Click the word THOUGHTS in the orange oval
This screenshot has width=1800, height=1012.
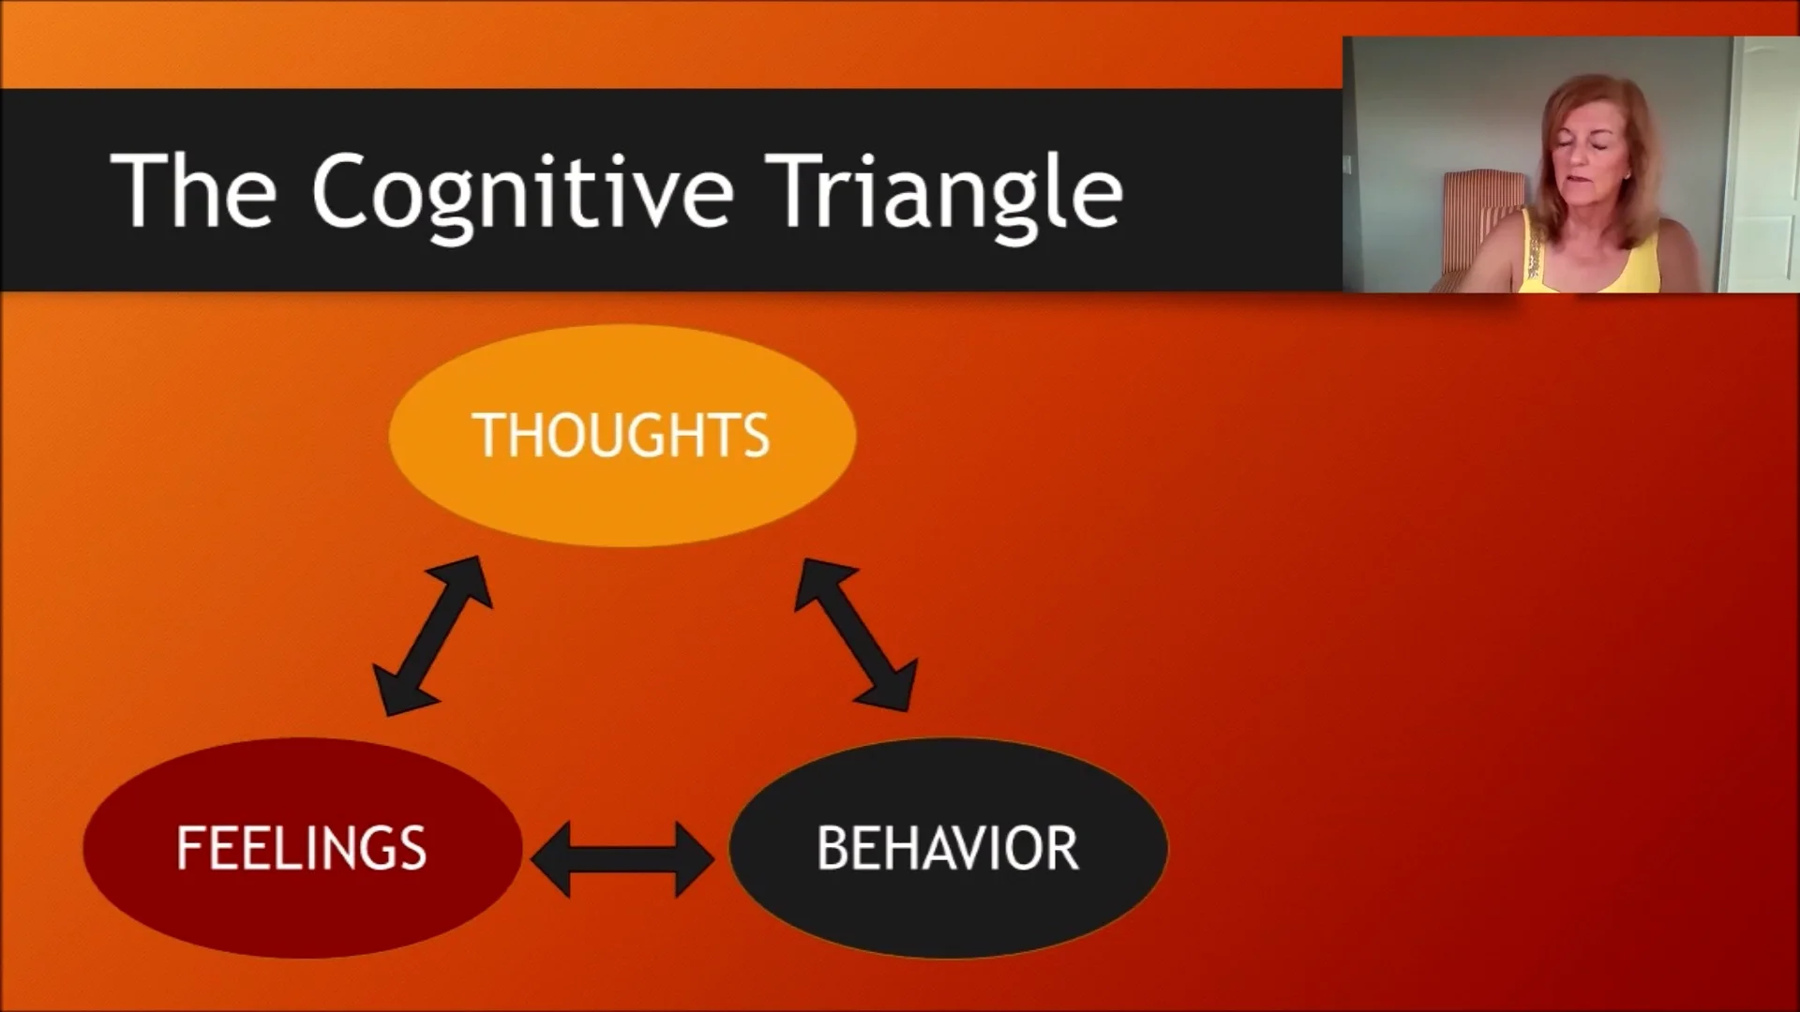[x=622, y=436]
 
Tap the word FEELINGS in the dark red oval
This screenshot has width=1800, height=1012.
[x=301, y=848]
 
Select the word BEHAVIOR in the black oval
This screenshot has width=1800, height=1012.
[x=948, y=848]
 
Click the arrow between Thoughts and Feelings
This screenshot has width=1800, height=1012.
[x=432, y=636]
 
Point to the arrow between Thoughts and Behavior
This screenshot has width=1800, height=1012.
[x=855, y=633]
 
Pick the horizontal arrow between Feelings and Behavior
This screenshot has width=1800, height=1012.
[x=622, y=858]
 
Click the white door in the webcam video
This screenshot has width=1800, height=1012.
[x=1762, y=169]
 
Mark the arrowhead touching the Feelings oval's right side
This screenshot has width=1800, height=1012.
[x=553, y=858]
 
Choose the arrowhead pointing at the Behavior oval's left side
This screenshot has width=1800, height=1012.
[x=694, y=858]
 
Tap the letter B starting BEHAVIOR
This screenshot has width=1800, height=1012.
[x=832, y=848]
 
